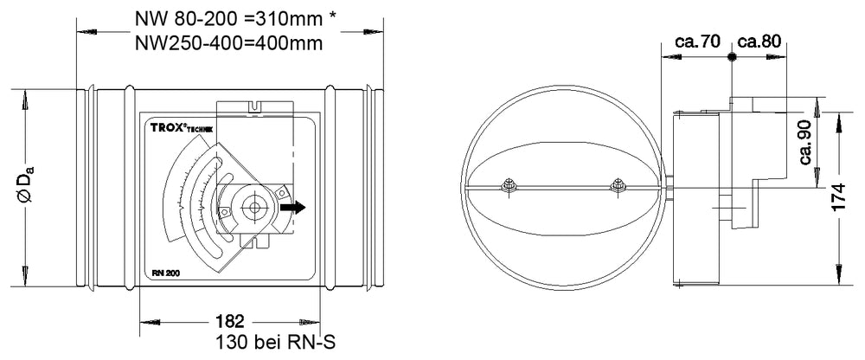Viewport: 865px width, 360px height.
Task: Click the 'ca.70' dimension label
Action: [699, 42]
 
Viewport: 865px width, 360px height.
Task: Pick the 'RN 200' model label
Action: [160, 273]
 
